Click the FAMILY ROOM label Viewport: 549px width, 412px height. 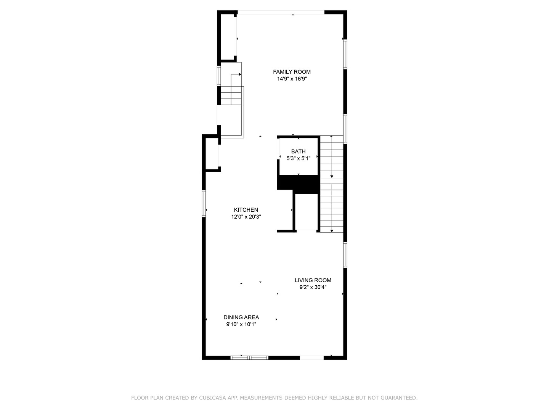click(292, 72)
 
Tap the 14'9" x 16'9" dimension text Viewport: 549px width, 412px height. click(292, 79)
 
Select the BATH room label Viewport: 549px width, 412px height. click(298, 151)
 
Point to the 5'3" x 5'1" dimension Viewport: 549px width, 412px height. click(298, 158)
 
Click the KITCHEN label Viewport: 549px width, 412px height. click(246, 210)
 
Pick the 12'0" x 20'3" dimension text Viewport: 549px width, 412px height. click(246, 217)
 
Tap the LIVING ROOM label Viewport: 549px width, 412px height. click(313, 280)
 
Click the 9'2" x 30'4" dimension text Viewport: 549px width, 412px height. click(313, 287)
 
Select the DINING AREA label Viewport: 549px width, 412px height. click(241, 317)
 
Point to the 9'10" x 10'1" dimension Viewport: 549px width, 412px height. click(241, 324)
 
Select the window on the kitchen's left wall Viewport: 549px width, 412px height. click(204, 204)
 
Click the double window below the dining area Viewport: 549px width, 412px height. click(249, 357)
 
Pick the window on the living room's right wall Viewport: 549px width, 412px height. click(345, 255)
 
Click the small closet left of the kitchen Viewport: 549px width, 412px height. click(212, 153)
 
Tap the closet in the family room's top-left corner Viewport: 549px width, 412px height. click(227, 37)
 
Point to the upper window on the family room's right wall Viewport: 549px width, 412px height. click(345, 54)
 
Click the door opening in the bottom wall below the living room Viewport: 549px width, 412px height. click(311, 357)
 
